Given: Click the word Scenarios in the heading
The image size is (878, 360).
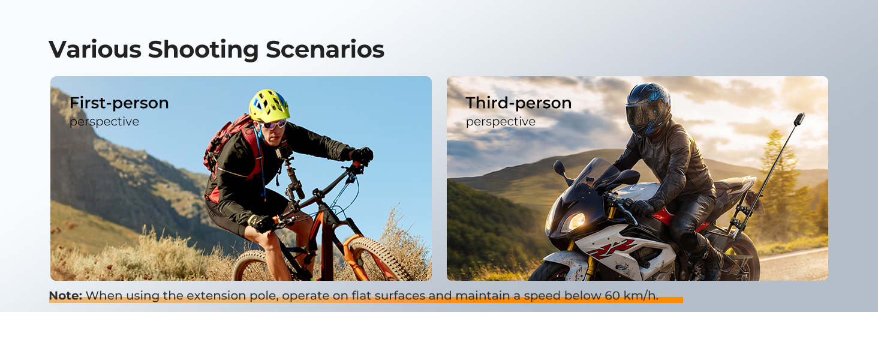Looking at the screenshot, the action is pos(325,49).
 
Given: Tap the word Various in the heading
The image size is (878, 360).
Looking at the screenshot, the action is pos(95,49).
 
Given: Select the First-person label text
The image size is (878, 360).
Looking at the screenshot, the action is pos(119,103).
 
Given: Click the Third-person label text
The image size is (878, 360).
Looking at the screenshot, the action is pos(519,103).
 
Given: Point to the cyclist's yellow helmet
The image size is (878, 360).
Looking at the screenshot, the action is pos(269,106).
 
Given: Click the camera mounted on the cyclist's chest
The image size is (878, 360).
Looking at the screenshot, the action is pos(284,151).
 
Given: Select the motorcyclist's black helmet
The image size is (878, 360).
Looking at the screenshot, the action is pos(648,109).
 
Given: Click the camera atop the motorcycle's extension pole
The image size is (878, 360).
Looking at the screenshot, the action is pos(799,119).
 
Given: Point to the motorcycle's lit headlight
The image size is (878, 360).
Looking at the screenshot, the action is pos(575,221).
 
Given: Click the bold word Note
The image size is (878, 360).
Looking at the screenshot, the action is pos(65,296).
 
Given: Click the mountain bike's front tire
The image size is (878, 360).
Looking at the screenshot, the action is pos(376,258).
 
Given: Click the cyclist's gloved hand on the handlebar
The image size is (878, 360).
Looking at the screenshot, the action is pos(362,155).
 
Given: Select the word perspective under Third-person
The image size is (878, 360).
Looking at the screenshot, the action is pos(501,122).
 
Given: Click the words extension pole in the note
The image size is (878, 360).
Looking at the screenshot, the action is pos(232,296).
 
